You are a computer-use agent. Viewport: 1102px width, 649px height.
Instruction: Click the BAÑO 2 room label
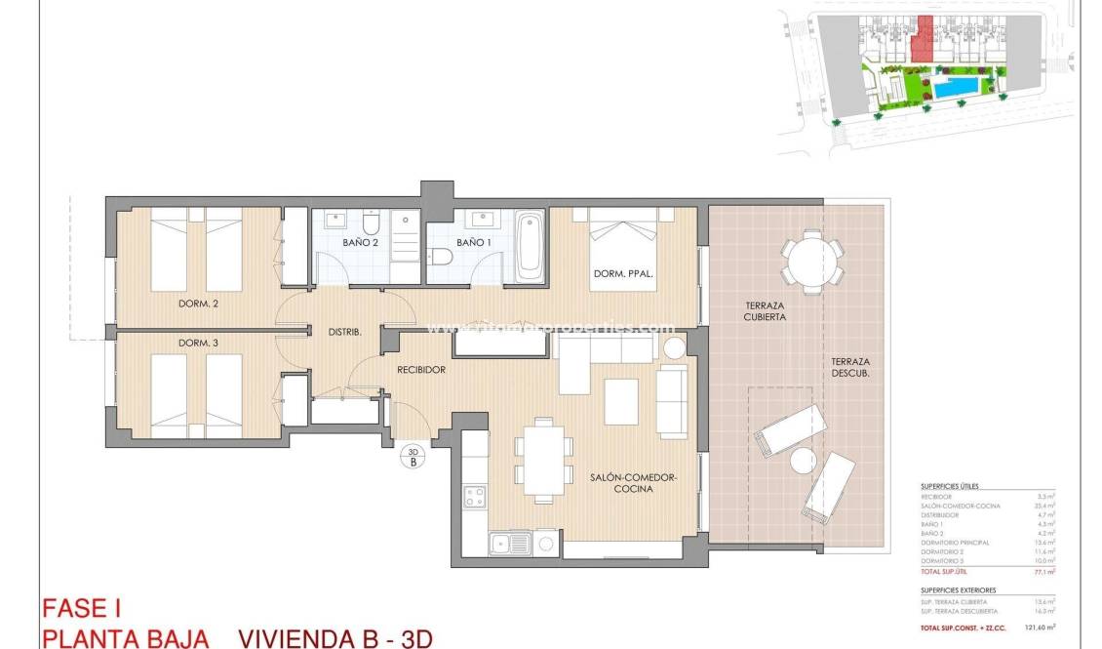pos(360,242)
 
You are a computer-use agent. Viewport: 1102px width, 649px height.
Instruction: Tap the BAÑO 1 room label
pos(473,242)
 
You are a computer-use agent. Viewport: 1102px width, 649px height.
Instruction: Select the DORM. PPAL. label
pos(623,287)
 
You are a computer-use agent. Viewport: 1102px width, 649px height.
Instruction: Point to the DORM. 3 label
pos(198,343)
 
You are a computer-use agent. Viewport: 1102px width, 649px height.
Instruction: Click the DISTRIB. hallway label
pos(344,332)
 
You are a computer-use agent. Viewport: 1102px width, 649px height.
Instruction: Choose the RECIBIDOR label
pos(421,370)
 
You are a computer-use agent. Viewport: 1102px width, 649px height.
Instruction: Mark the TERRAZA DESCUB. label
pos(850,367)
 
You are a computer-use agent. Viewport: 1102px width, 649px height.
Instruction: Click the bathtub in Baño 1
pos(530,245)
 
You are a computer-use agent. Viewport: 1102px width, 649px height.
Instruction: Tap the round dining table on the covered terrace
pos(811,262)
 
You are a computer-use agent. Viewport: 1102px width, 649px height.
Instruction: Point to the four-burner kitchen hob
pos(475,496)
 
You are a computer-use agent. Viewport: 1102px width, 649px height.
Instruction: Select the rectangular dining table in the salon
pos(544,458)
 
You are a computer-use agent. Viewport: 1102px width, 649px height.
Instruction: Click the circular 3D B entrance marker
pos(413,457)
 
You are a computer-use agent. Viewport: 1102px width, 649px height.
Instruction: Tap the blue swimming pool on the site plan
pos(958,88)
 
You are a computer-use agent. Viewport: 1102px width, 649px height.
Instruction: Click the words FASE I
pos(81,609)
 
